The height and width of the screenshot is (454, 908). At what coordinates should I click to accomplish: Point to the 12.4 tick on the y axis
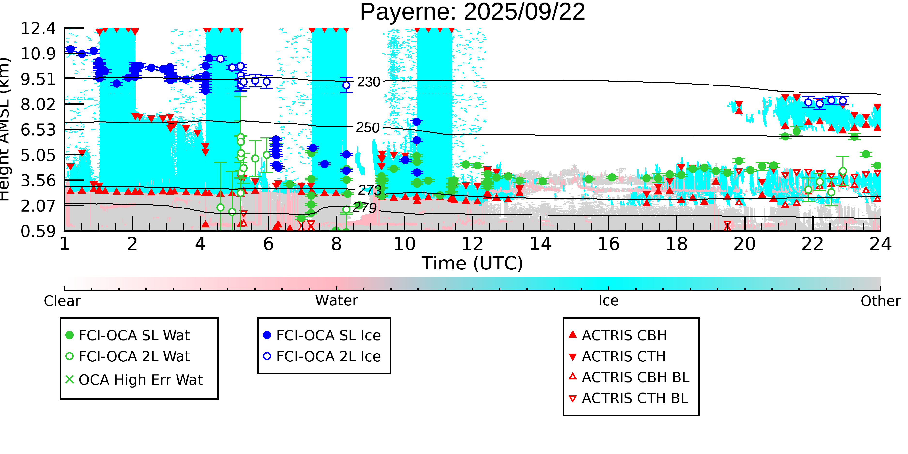(38, 28)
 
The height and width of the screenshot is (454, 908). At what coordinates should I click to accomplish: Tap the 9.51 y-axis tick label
(38, 79)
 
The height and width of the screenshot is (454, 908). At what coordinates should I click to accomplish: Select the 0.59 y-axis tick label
(38, 231)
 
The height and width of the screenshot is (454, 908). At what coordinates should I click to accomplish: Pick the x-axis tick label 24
(880, 244)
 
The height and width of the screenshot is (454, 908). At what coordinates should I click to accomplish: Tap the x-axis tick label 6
(268, 244)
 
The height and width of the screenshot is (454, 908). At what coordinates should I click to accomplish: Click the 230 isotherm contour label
(368, 82)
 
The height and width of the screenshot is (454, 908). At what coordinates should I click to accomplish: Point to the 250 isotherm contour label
(368, 128)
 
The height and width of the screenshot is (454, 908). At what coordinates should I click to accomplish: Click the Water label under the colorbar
(336, 301)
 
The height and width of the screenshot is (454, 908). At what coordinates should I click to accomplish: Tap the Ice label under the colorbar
(608, 301)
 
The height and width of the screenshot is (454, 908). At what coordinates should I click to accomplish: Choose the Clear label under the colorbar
(62, 301)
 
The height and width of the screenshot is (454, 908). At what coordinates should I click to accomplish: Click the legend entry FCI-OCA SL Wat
(134, 335)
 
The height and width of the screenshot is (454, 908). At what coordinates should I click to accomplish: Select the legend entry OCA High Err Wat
(140, 380)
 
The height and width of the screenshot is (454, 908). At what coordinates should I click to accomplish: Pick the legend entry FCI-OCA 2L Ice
(328, 356)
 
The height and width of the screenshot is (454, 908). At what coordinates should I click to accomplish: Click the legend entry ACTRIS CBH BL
(635, 377)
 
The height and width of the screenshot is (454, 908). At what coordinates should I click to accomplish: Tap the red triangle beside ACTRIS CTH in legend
(573, 357)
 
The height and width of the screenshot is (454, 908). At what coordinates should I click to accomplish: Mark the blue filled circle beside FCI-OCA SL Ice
(267, 335)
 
